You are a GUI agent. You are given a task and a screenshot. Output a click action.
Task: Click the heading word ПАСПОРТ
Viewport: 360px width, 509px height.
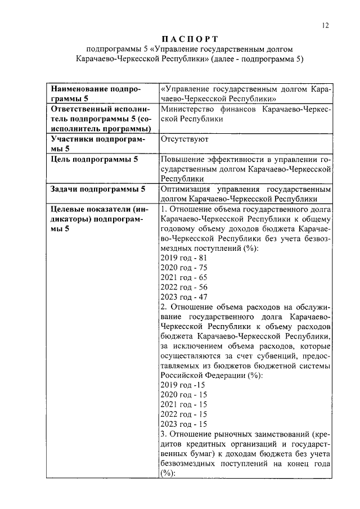point(190,39)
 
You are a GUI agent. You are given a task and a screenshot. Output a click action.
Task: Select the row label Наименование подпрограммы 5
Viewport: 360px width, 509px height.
point(96,93)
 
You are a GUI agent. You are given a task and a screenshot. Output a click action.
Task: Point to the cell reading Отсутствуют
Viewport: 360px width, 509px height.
point(184,139)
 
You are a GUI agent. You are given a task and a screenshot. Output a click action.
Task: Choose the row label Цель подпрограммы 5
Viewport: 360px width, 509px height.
point(94,160)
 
